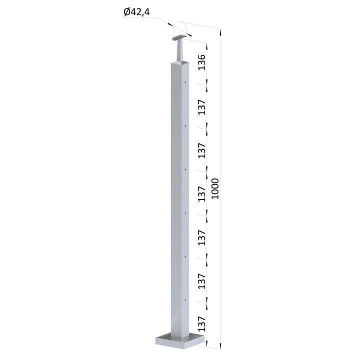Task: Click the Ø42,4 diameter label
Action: click(x=136, y=12)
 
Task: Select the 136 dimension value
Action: click(x=202, y=62)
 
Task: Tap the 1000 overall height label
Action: click(x=215, y=188)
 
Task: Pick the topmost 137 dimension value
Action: click(x=202, y=107)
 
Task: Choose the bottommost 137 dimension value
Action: click(x=202, y=323)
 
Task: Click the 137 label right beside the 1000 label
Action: click(x=202, y=194)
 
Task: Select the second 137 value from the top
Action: click(x=202, y=150)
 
